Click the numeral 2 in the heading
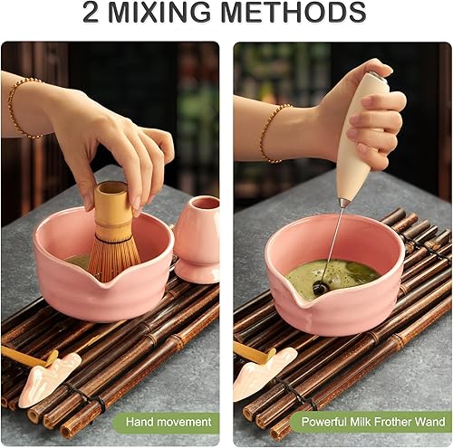[x=92, y=14]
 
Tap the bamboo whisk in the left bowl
[x=112, y=235]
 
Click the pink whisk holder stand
[x=197, y=240]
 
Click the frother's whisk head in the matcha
[x=321, y=288]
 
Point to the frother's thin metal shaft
[x=333, y=240]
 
